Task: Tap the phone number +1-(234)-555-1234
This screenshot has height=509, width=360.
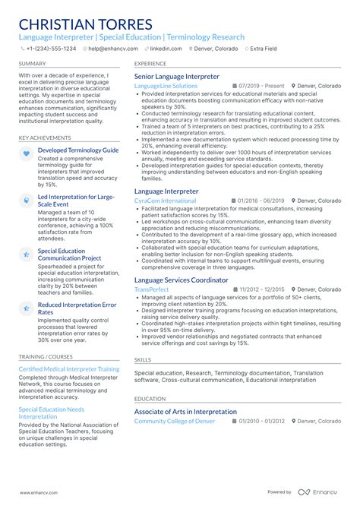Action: pos(50,48)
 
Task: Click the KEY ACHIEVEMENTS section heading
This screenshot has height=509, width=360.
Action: pos(46,139)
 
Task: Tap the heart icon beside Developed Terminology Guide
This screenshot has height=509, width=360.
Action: pos(27,153)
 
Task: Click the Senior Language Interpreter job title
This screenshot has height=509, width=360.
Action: pos(177,77)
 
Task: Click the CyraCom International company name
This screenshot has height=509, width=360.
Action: pos(165,201)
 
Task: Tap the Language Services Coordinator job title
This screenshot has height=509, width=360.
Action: pos(181,280)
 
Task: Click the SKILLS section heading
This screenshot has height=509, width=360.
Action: pos(143,360)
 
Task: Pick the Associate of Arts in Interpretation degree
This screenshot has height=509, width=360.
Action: pos(185,412)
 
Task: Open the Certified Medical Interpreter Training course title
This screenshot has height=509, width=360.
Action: pos(69,369)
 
